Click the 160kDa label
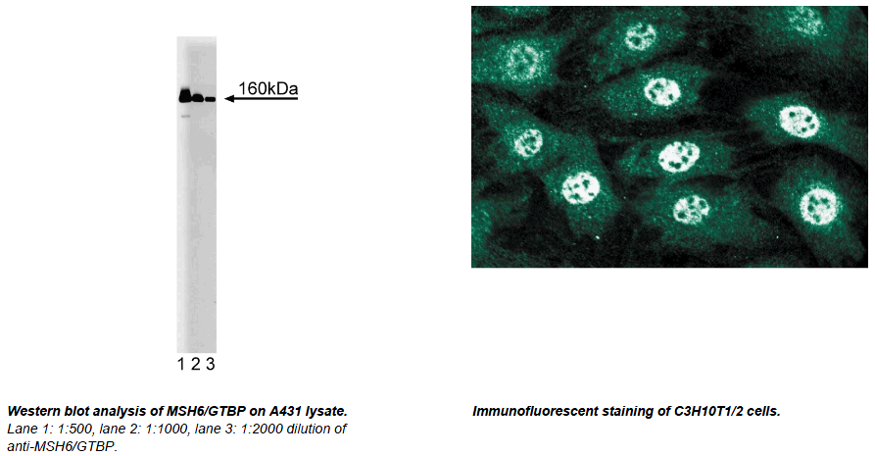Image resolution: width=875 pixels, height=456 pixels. pyautogui.click(x=267, y=89)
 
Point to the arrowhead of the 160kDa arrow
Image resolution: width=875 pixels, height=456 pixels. pyautogui.click(x=228, y=99)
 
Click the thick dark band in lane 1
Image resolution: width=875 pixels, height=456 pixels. pyautogui.click(x=185, y=96)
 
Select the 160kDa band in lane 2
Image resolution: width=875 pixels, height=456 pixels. pyautogui.click(x=198, y=98)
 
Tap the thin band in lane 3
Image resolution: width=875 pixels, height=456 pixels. pyautogui.click(x=210, y=99)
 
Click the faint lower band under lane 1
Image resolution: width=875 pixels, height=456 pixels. pyautogui.click(x=185, y=117)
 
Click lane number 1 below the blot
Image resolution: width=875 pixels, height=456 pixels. pyautogui.click(x=181, y=365)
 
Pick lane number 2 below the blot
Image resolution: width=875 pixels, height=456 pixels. pyautogui.click(x=195, y=365)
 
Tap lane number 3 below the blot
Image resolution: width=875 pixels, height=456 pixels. pyautogui.click(x=211, y=365)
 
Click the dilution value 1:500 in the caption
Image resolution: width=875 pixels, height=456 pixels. pyautogui.click(x=75, y=429)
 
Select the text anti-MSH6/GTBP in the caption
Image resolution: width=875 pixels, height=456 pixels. pyautogui.click(x=62, y=446)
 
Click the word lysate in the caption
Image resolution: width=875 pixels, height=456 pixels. pyautogui.click(x=326, y=412)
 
